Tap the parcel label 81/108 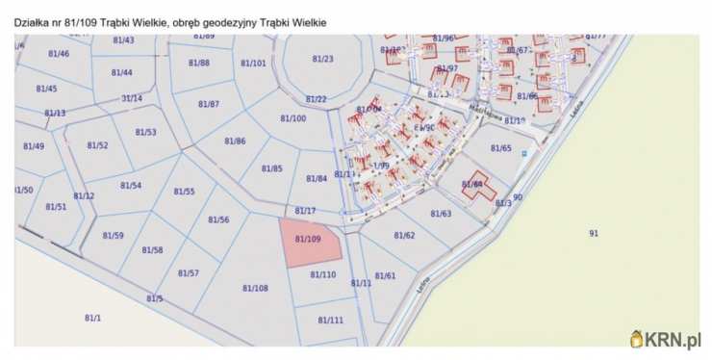255,288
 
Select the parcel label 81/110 323,274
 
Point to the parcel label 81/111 330,320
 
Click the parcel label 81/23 322,59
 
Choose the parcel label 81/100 293,117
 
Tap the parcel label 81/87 209,103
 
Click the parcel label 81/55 184,192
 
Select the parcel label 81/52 97,145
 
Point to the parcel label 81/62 404,235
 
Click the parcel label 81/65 500,148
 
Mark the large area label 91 594,233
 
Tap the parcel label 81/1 92,318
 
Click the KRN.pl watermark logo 666,339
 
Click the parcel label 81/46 59,54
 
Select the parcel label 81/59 113,236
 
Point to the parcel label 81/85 272,168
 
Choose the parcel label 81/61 385,275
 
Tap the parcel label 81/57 189,273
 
